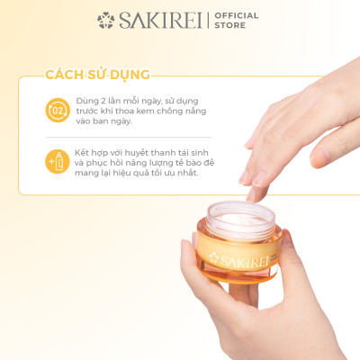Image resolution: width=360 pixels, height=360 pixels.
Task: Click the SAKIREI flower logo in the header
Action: [x=106, y=20]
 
